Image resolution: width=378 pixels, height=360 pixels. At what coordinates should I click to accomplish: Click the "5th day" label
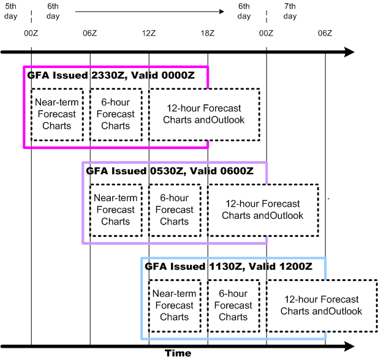pos(11,11)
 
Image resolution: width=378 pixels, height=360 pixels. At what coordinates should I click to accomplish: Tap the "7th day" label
pos(290,11)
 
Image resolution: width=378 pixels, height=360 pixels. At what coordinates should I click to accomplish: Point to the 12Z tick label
pos(148,33)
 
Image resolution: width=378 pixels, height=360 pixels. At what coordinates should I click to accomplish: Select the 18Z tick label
pos(207,33)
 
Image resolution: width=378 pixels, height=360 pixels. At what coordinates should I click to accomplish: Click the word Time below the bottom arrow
pos(178,353)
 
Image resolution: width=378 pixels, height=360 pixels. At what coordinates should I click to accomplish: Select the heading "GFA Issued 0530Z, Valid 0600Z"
pos(169,171)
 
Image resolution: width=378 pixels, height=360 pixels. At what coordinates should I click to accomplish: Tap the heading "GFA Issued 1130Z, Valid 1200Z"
pos(228,267)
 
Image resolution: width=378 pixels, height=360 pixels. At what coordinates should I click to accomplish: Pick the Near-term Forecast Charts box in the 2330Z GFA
pos(56,114)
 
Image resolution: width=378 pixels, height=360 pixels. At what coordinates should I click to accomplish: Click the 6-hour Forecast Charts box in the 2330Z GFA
pos(115,114)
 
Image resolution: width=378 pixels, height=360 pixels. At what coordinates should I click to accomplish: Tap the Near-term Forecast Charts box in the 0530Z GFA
pos(115,210)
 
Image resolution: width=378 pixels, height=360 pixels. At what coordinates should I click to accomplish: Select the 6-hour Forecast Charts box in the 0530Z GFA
pos(174,210)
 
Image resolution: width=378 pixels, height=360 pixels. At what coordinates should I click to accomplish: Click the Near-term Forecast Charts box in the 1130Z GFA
pos(174,305)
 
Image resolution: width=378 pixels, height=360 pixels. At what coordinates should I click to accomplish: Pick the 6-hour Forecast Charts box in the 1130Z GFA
pos(233,305)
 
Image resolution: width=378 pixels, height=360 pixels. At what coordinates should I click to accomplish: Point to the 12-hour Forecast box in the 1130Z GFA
pos(321,305)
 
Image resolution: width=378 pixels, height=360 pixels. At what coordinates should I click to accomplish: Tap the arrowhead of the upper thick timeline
pos(349,52)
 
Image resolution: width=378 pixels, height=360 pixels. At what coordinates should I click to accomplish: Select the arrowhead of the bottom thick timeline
pos(349,347)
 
